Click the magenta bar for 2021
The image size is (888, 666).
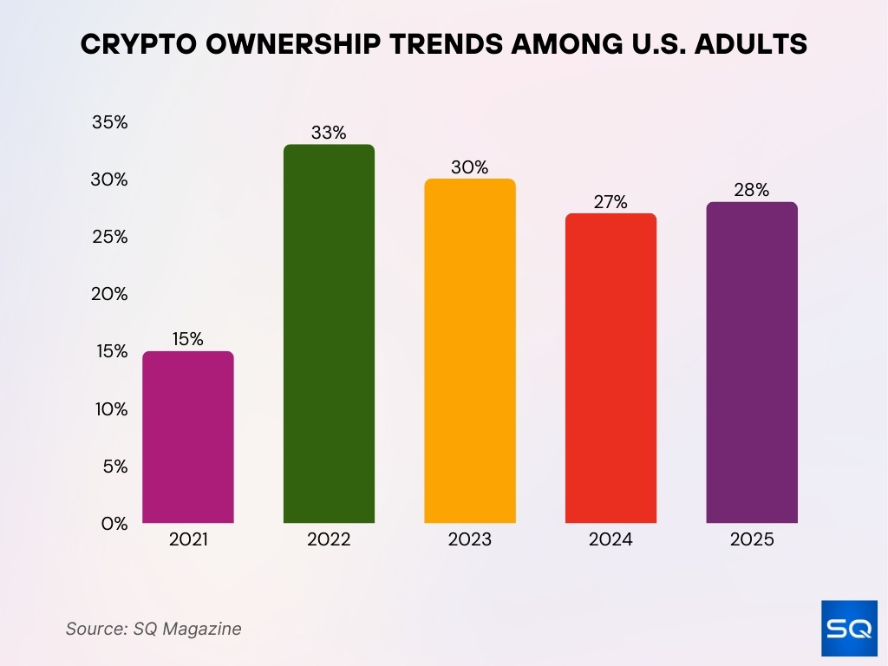click(187, 437)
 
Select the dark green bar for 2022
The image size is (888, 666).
click(329, 334)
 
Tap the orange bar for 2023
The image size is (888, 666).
click(469, 351)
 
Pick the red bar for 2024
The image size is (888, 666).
click(610, 369)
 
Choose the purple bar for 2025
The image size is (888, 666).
click(751, 362)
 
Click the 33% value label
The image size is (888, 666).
click(329, 133)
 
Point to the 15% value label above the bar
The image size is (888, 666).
click(187, 339)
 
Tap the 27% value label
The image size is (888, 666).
click(610, 202)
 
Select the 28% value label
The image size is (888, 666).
click(751, 190)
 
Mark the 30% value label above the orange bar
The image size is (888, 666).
click(469, 167)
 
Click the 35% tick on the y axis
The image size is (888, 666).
click(110, 122)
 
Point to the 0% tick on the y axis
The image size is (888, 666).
click(114, 523)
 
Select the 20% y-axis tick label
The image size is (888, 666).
click(110, 294)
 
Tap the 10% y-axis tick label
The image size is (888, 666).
click(111, 408)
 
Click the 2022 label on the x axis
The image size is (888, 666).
click(329, 539)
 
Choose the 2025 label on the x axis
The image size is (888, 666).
click(751, 539)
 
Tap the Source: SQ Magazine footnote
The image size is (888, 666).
click(153, 629)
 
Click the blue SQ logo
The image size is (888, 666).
click(848, 629)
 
